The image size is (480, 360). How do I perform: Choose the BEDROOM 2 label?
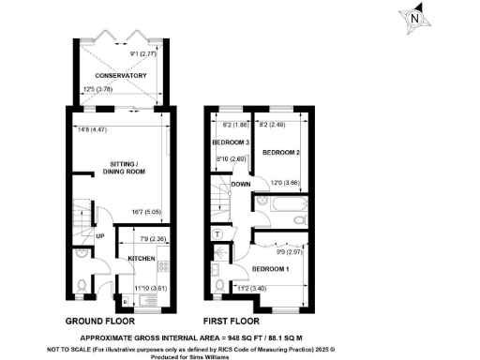(x=278, y=151)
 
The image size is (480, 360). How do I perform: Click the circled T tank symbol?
(x=218, y=233)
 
